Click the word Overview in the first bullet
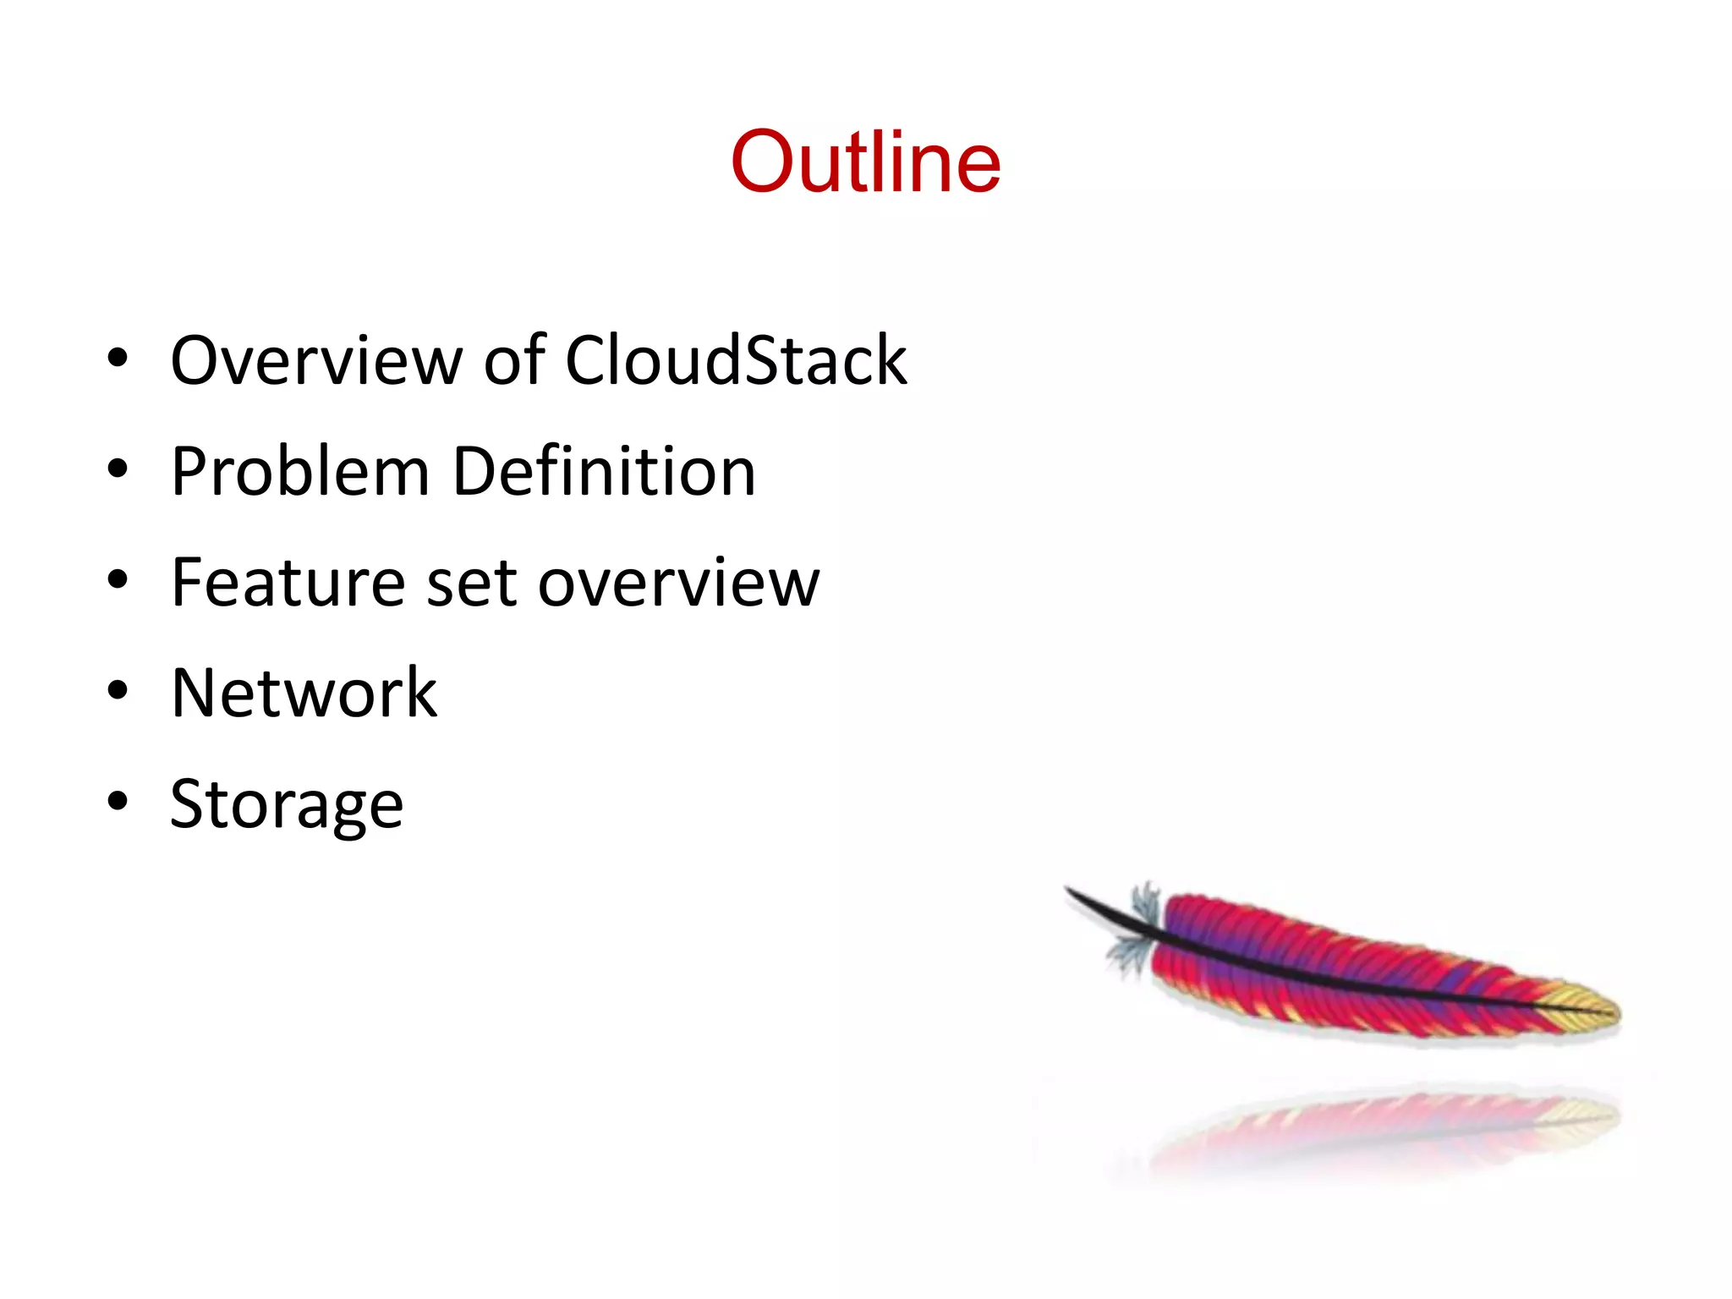(317, 361)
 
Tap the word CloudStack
(735, 361)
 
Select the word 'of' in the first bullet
(514, 361)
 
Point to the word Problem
(300, 472)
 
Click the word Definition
(604, 472)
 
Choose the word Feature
(288, 583)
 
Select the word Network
(304, 693)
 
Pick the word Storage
(287, 806)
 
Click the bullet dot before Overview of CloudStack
(118, 358)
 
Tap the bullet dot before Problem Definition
(118, 469)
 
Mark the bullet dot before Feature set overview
(118, 579)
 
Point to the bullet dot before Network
(118, 690)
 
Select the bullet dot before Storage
(118, 801)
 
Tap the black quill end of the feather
(1091, 902)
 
